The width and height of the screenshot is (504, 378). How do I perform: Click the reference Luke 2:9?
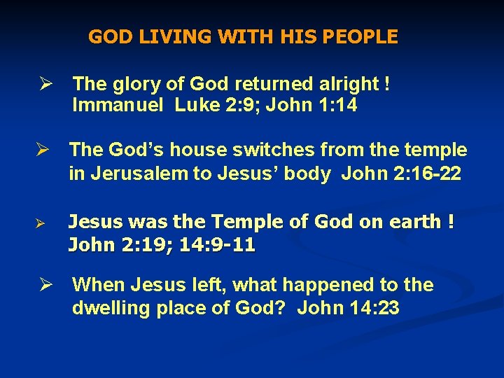coord(206,105)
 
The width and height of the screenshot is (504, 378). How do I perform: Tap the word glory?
coord(135,85)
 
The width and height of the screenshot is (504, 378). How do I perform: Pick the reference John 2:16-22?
coord(401,174)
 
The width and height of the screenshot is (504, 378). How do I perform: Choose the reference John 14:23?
coord(349,308)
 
